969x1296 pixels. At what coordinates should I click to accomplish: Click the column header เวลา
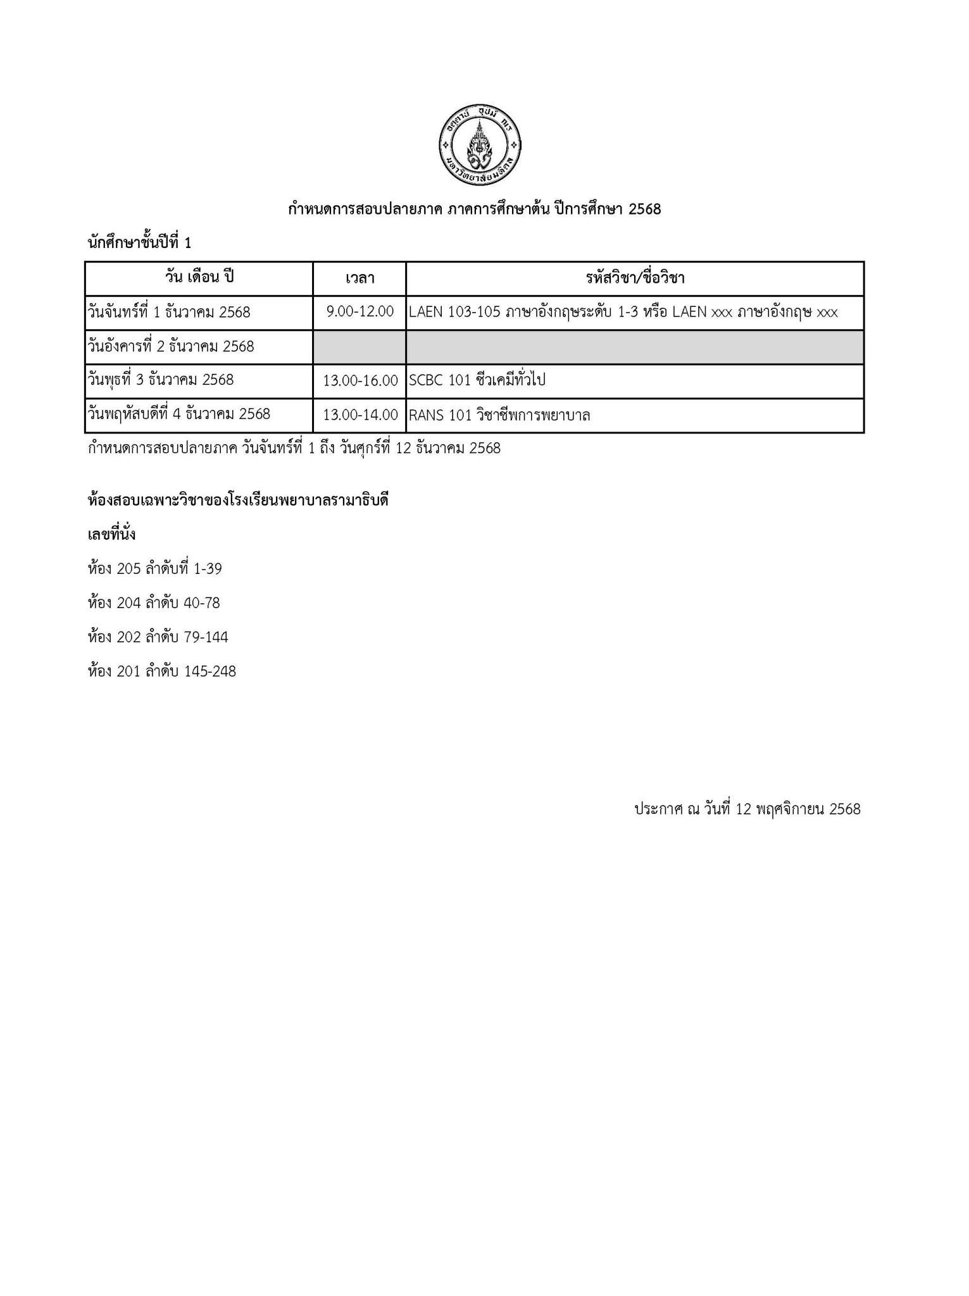(359, 278)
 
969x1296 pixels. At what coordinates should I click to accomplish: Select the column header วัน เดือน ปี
(199, 277)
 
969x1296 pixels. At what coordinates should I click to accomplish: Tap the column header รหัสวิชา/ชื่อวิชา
(635, 278)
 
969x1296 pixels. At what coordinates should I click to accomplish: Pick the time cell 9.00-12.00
(359, 312)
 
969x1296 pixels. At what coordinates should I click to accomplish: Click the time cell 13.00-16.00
(360, 380)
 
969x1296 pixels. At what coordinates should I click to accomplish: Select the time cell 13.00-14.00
(360, 415)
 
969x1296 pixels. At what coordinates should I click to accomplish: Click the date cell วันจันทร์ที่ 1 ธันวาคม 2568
(169, 312)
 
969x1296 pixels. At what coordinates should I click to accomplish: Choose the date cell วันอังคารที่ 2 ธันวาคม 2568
(171, 346)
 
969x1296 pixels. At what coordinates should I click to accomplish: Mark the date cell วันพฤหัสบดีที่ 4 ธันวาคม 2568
(179, 414)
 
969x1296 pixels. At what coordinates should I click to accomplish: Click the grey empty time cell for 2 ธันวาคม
(359, 347)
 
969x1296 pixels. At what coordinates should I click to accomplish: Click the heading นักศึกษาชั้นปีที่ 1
(139, 242)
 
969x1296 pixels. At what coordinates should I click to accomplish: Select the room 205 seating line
(155, 569)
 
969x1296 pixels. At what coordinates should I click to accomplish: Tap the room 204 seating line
(154, 603)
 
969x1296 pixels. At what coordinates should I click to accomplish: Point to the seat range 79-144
(206, 637)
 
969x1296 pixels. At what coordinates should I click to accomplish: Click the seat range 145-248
(209, 671)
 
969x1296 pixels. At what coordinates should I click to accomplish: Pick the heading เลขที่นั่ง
(111, 535)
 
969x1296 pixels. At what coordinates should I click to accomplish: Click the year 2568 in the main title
(644, 209)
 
